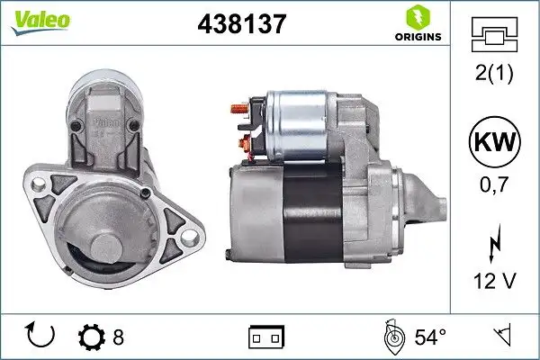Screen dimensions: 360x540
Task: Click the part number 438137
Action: (241, 24)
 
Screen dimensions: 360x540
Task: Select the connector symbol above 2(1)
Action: (494, 39)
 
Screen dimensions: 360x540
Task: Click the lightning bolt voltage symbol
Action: (494, 243)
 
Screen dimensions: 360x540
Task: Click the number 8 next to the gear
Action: (117, 337)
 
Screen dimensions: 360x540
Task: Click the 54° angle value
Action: (429, 337)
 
